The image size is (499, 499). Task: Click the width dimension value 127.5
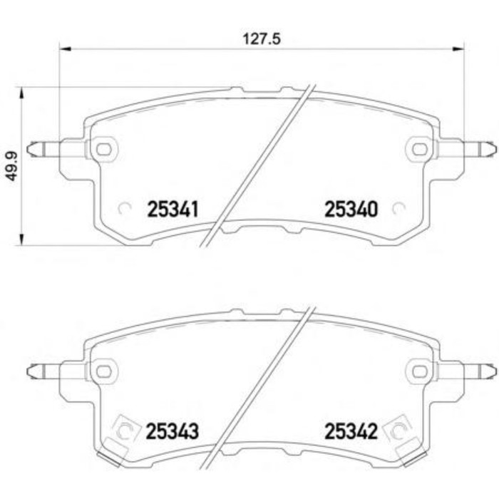[x=262, y=39]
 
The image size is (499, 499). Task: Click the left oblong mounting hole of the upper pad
[x=104, y=149]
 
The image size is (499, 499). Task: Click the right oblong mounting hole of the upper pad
[x=418, y=149]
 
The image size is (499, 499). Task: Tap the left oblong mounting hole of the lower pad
[x=104, y=371]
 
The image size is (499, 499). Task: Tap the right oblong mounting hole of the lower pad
[x=418, y=371]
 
